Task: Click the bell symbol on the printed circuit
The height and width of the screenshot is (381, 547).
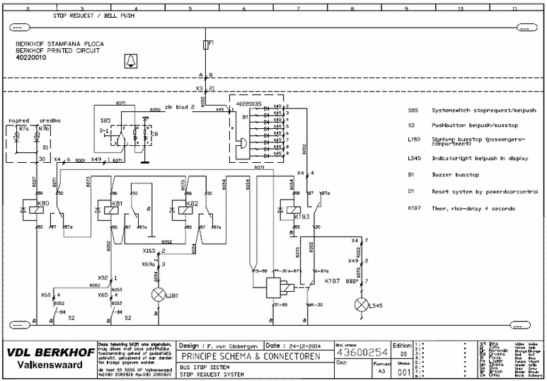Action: pyautogui.click(x=129, y=61)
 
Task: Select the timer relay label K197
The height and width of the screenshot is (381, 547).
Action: pyautogui.click(x=332, y=282)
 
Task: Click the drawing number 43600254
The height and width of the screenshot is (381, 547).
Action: pyautogui.click(x=362, y=352)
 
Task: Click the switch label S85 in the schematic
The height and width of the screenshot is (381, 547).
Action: pyautogui.click(x=105, y=120)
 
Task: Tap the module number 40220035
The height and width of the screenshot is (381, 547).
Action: pyautogui.click(x=253, y=103)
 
